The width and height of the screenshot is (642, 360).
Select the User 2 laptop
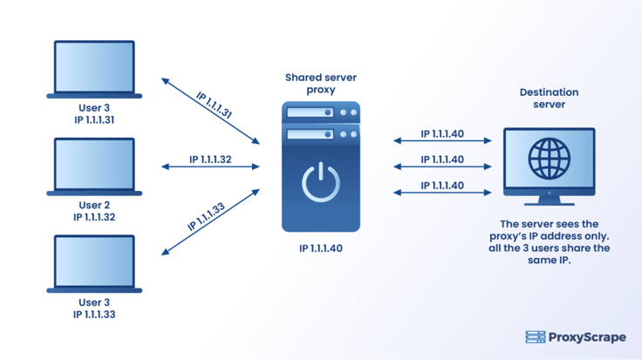(95, 165)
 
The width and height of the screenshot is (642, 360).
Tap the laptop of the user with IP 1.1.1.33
(95, 262)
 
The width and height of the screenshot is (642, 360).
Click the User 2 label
(94, 206)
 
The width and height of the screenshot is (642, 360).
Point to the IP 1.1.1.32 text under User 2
(94, 218)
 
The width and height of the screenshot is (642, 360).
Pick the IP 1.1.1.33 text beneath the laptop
(94, 316)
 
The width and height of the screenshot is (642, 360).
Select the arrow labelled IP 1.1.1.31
(211, 112)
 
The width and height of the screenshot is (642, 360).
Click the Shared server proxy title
(321, 84)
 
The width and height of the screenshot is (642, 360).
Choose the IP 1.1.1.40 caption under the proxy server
(320, 248)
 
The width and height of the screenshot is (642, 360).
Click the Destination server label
(549, 98)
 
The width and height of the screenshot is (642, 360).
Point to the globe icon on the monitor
(549, 158)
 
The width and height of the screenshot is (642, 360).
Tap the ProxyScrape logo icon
(535, 337)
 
